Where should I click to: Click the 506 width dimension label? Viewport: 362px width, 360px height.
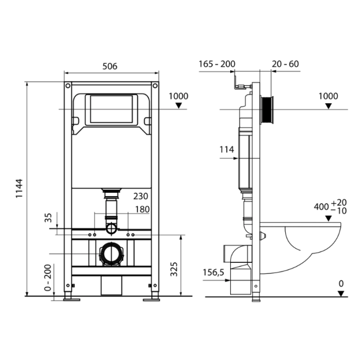pyautogui.click(x=110, y=66)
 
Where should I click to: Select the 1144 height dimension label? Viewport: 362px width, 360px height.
pyautogui.click(x=19, y=188)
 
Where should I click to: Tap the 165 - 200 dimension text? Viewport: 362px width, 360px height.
pyautogui.click(x=217, y=64)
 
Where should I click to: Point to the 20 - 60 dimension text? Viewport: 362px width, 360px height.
pyautogui.click(x=285, y=64)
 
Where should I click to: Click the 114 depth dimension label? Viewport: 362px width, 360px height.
pyautogui.click(x=227, y=150)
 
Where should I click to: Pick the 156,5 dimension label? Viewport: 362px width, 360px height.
pyautogui.click(x=214, y=272)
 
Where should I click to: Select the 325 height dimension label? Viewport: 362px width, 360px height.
pyautogui.click(x=174, y=269)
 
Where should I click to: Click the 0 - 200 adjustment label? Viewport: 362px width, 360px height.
pyautogui.click(x=48, y=278)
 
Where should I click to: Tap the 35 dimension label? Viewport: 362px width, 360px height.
pyautogui.click(x=48, y=217)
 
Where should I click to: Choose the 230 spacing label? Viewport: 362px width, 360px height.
pyautogui.click(x=140, y=196)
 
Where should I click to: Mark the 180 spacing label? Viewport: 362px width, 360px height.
pyautogui.click(x=142, y=209)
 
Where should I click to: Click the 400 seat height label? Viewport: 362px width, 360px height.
pyautogui.click(x=330, y=207)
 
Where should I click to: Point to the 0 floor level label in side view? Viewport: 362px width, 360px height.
pyautogui.click(x=341, y=283)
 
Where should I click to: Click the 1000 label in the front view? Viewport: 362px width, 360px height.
pyautogui.click(x=178, y=96)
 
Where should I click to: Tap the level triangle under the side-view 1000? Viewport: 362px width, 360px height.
pyautogui.click(x=328, y=106)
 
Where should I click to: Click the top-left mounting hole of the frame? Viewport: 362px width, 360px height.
pyautogui.click(x=68, y=86)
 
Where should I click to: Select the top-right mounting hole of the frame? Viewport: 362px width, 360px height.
pyautogui.click(x=155, y=86)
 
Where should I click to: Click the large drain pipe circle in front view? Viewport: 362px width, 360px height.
pyautogui.click(x=112, y=254)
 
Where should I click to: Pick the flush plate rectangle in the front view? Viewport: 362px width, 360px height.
pyautogui.click(x=111, y=109)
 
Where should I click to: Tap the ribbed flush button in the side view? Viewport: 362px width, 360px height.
pyautogui.click(x=267, y=109)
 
